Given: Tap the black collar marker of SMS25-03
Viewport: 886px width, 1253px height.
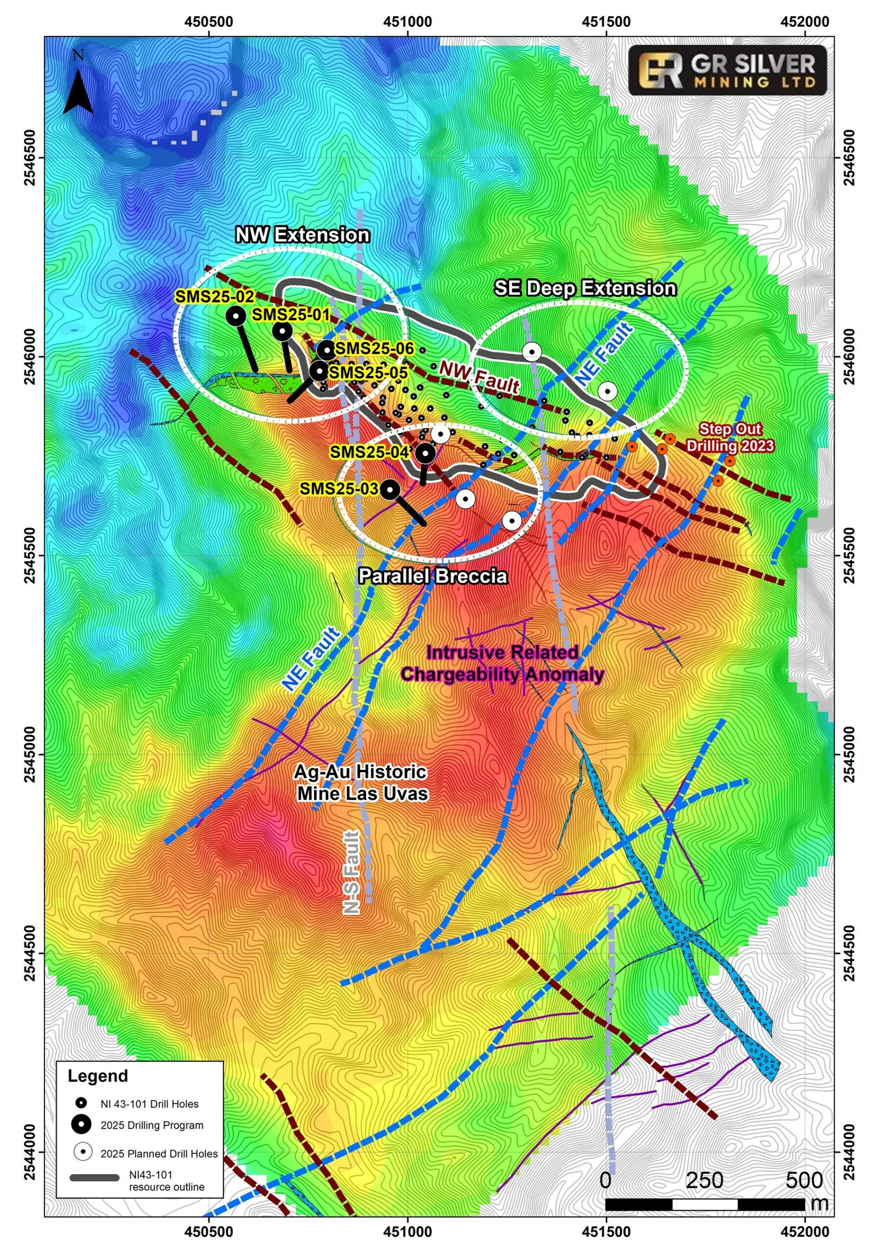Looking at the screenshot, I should click(389, 489).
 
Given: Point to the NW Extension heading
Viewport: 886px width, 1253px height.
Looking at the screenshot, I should click(302, 234).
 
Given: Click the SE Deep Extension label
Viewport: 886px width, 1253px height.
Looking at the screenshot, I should click(585, 288).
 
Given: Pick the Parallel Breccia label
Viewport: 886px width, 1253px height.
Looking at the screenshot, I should click(432, 576).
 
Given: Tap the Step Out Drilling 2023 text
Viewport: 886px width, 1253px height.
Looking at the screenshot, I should click(730, 437).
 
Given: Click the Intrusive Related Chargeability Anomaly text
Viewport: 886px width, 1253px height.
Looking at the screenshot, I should click(502, 664).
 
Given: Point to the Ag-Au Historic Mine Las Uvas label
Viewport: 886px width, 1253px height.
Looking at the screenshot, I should click(361, 783).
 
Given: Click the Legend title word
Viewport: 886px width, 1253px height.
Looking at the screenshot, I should click(98, 1076).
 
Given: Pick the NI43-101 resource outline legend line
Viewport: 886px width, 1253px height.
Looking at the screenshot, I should click(94, 1178).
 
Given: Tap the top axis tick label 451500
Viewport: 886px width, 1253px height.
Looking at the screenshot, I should click(606, 22).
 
